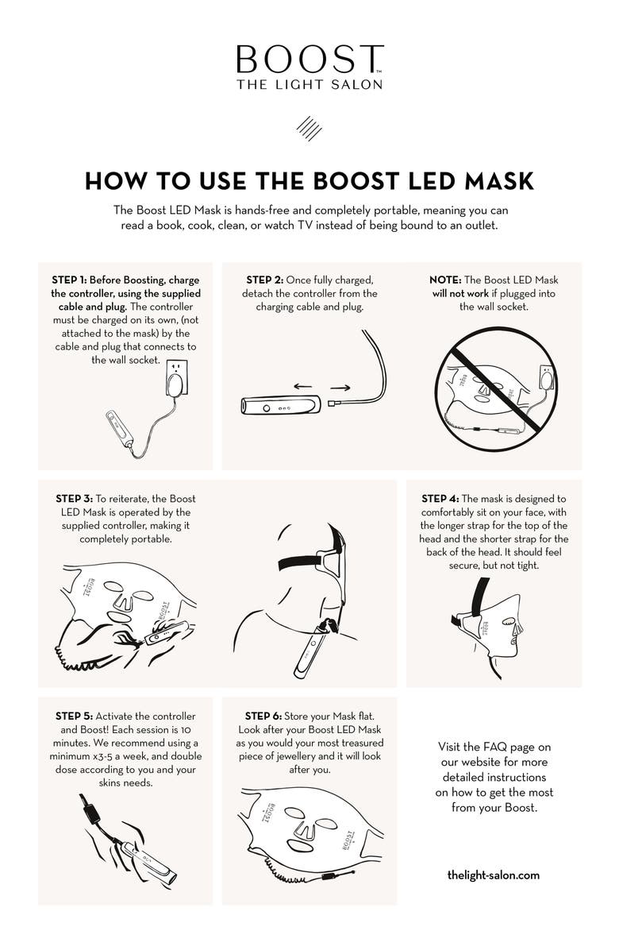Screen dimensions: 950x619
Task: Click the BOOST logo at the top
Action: pyautogui.click(x=309, y=60)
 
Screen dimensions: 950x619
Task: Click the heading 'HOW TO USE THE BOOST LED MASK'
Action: pyautogui.click(x=309, y=181)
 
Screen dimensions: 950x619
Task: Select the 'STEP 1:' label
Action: pyautogui.click(x=69, y=280)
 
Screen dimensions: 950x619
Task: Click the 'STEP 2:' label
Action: pyautogui.click(x=263, y=280)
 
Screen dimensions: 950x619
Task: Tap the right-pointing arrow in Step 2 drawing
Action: pyautogui.click(x=339, y=389)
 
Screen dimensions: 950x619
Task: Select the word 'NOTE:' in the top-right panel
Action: pyautogui.click(x=445, y=280)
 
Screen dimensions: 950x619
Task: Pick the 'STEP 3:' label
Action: pyautogui.click(x=73, y=499)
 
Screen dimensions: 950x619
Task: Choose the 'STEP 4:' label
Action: pyautogui.click(x=440, y=499)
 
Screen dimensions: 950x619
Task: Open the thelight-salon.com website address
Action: pyautogui.click(x=493, y=875)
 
